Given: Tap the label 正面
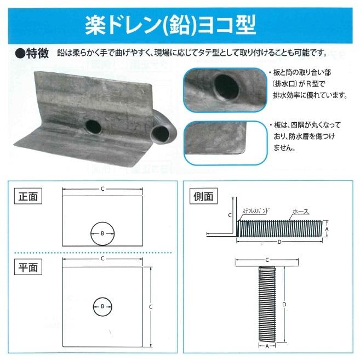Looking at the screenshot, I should click(28, 196).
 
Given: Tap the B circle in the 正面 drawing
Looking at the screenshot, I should click(102, 233).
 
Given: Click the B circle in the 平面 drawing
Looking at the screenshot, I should click(102, 307).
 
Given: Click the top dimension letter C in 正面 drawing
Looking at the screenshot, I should click(102, 189).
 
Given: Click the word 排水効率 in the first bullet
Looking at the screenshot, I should click(294, 95).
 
